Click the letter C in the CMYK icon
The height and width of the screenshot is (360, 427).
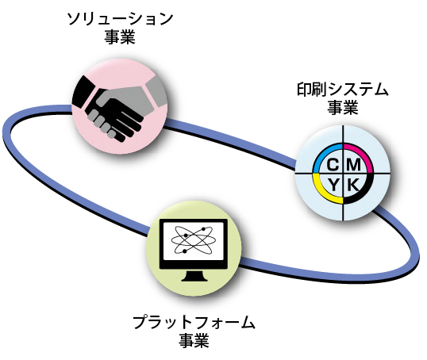pyautogui.click(x=333, y=165)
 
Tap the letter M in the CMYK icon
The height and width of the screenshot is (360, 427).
pyautogui.click(x=354, y=165)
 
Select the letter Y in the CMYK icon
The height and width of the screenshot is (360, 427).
pyautogui.click(x=333, y=185)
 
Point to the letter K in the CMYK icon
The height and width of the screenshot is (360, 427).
pyautogui.click(x=353, y=185)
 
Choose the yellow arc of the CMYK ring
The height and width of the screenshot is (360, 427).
pyautogui.click(x=321, y=193)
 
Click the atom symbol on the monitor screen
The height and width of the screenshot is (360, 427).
pyautogui.click(x=194, y=240)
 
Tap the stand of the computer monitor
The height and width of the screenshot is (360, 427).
pyautogui.click(x=194, y=275)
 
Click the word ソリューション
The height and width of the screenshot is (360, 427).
pyautogui.click(x=120, y=19)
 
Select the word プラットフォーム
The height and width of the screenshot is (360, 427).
pyautogui.click(x=194, y=322)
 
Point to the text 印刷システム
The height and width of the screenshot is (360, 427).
pyautogui.click(x=343, y=90)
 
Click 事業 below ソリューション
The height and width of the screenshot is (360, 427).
pyautogui.click(x=120, y=36)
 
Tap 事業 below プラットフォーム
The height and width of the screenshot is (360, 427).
pyautogui.click(x=194, y=340)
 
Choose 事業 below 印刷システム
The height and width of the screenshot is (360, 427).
pyautogui.click(x=343, y=108)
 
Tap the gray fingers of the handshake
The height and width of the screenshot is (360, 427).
pyautogui.click(x=102, y=123)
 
